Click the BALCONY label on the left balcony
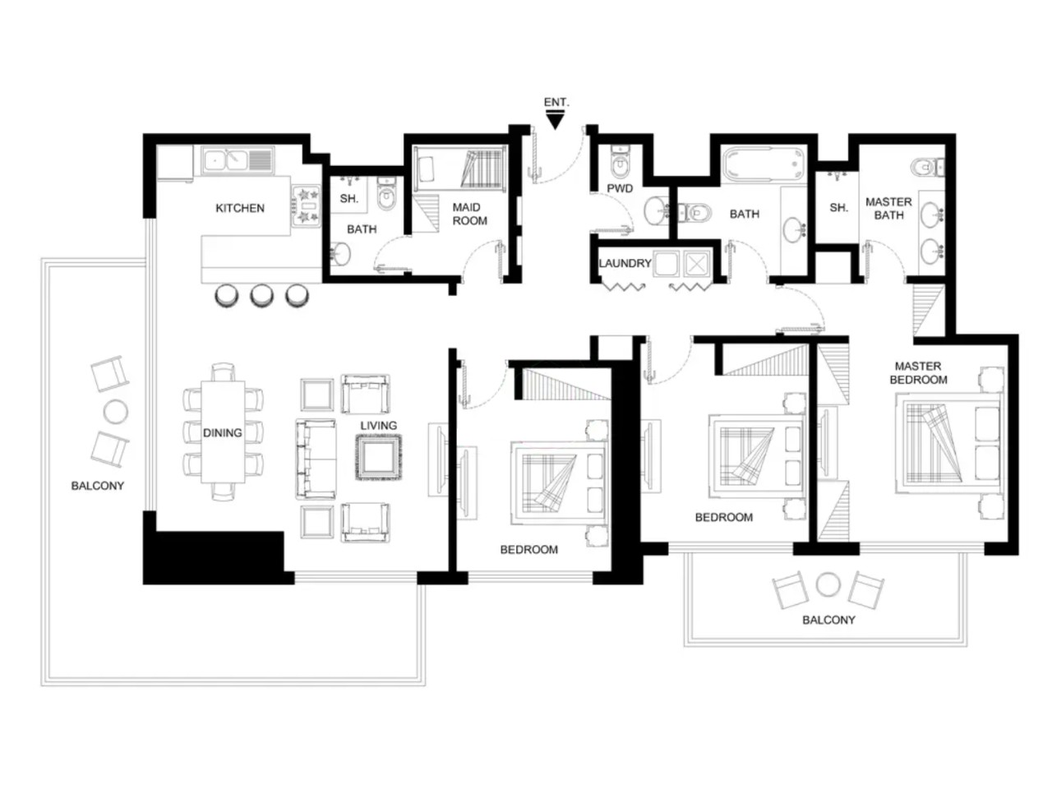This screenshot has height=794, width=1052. point(97,486)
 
